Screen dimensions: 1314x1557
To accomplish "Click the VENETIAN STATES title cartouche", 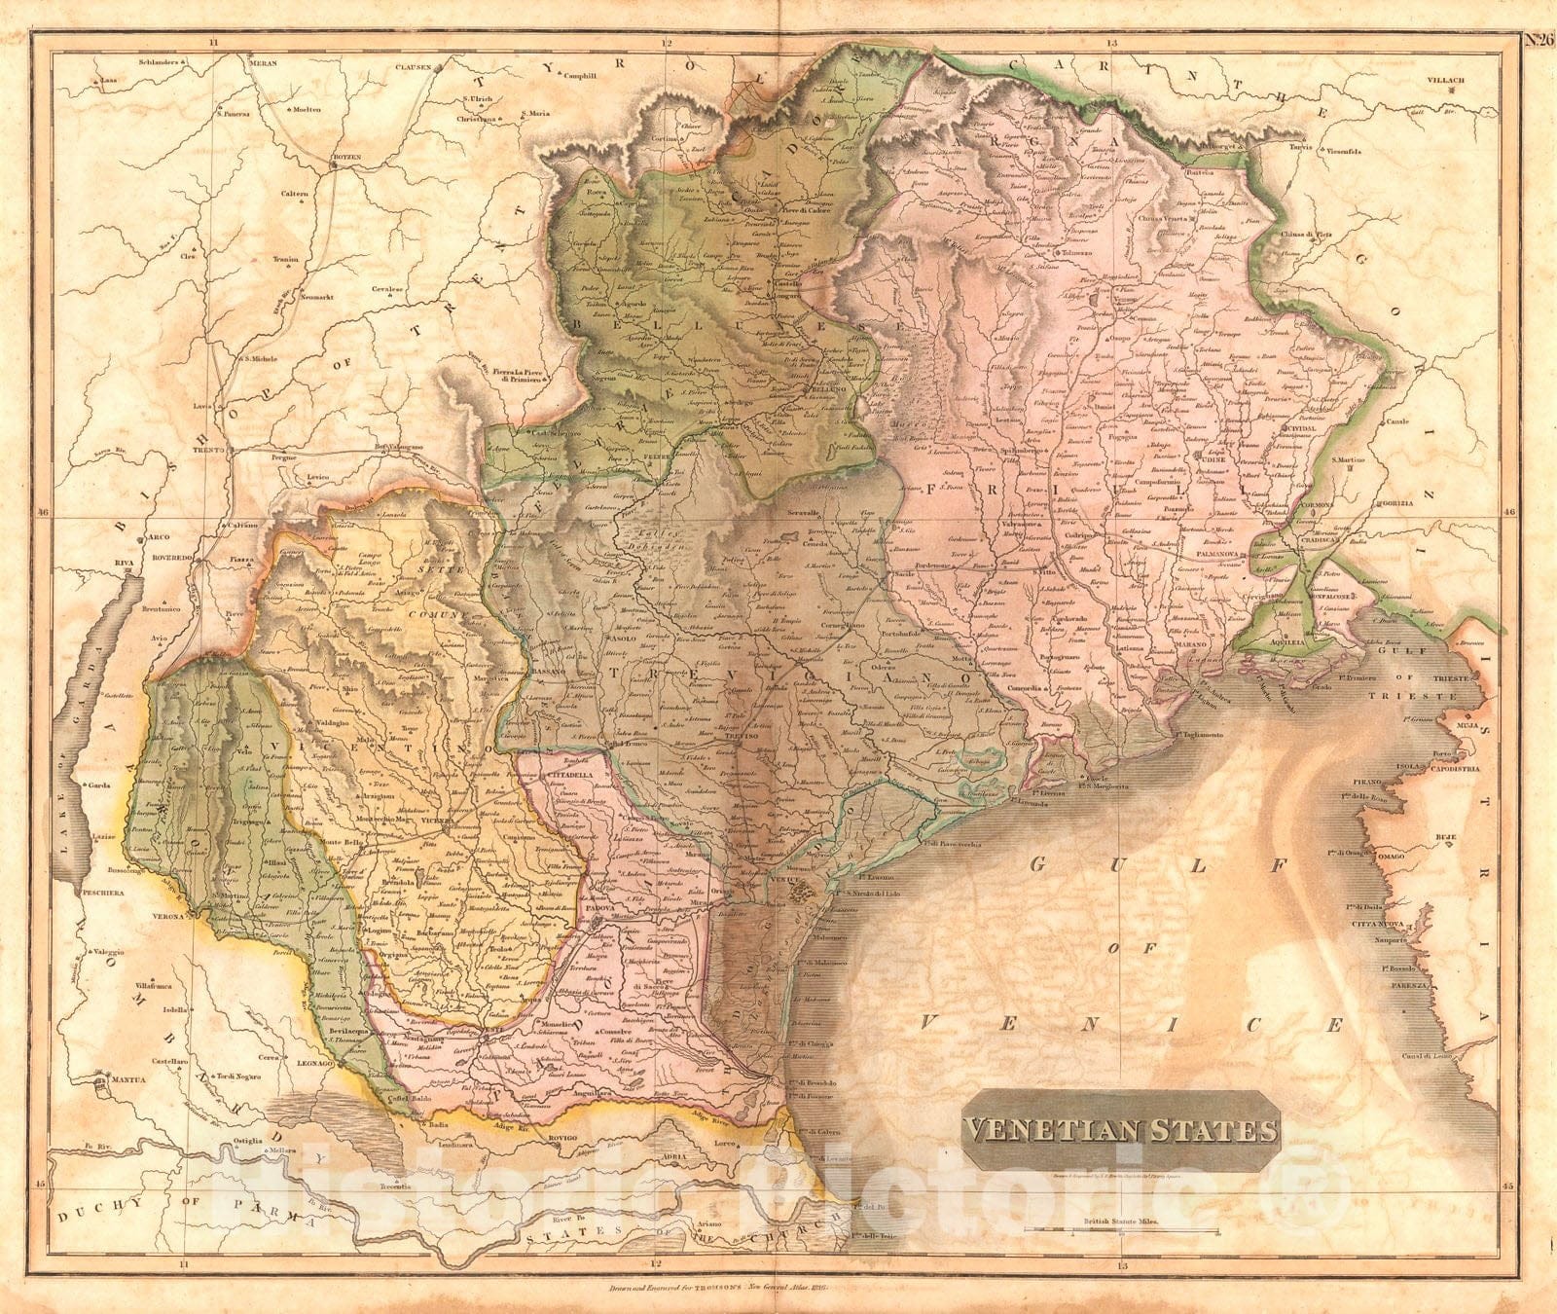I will tap(1119, 1131).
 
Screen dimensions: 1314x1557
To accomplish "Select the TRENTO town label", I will tap(208, 452).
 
